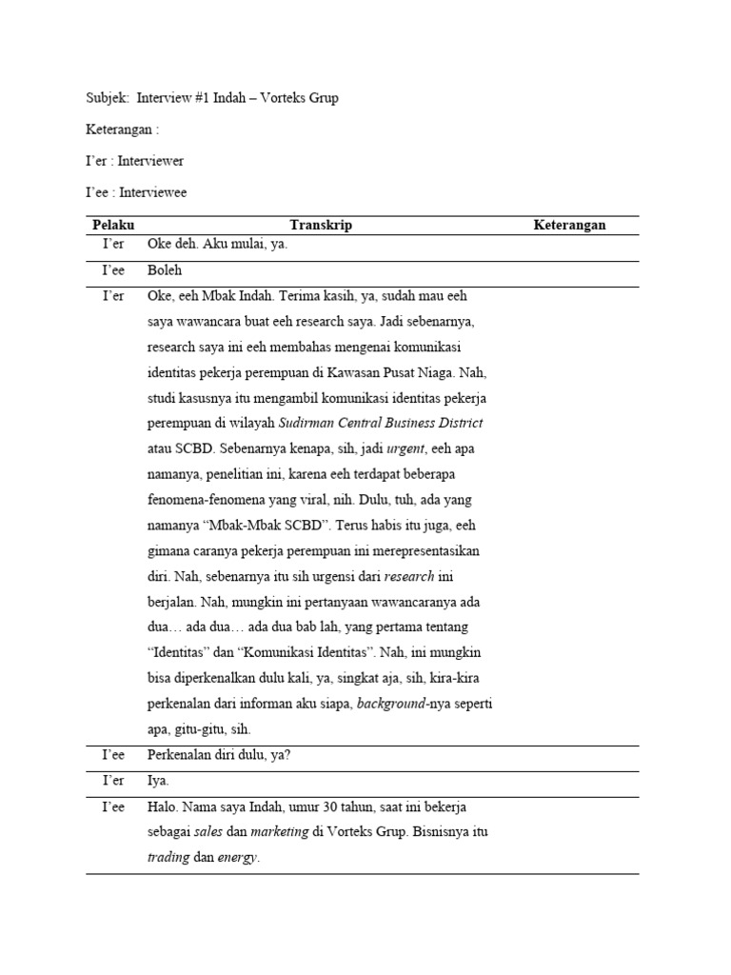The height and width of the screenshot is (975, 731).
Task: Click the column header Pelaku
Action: (113, 226)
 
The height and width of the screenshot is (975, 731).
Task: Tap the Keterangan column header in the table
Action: (569, 226)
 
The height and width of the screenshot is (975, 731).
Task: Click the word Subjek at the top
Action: (104, 98)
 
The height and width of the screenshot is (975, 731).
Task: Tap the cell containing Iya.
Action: (158, 781)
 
